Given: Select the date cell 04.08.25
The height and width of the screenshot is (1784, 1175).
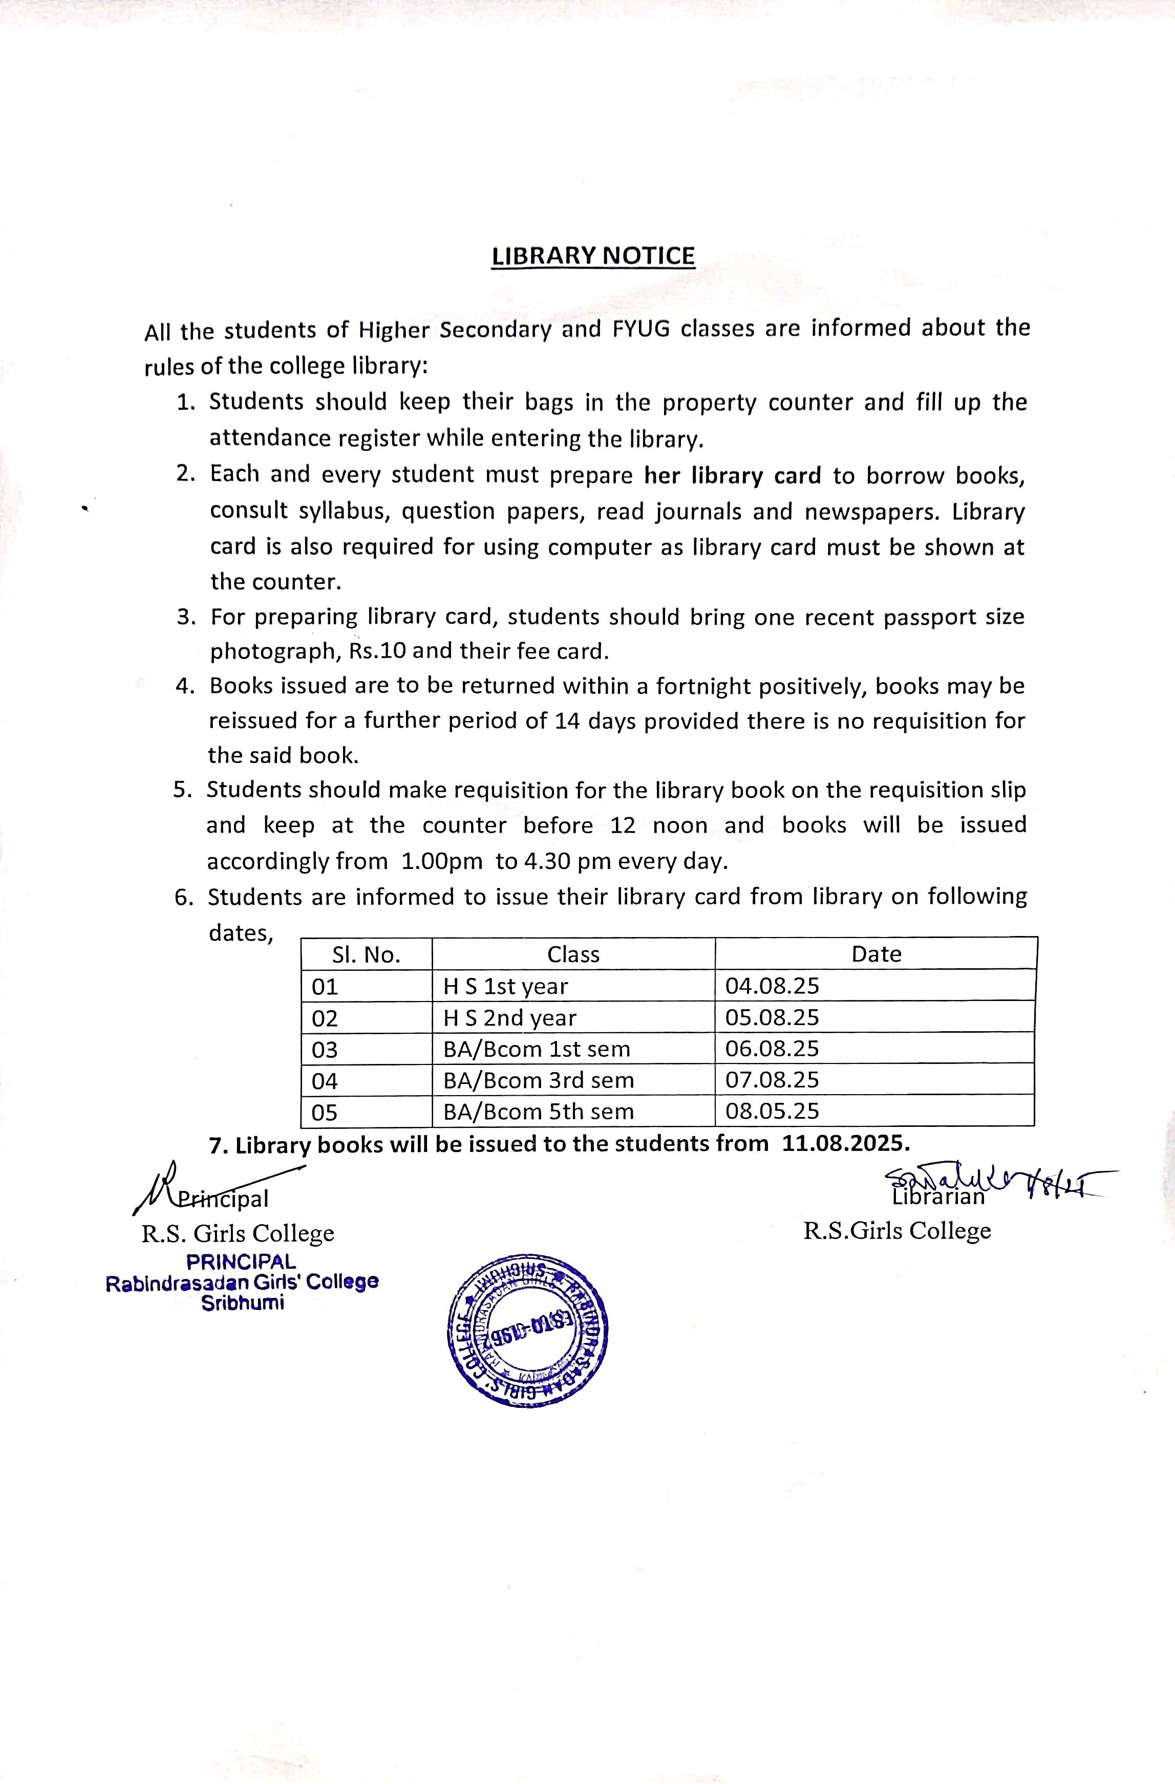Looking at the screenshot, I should point(773,986).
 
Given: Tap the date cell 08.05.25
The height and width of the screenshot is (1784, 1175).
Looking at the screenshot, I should point(773,1111).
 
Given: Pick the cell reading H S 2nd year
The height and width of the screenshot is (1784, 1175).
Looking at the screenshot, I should point(510,1018).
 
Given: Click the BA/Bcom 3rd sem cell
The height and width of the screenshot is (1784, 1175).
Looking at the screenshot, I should point(539,1080).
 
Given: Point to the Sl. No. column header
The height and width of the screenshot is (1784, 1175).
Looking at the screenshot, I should point(366,954).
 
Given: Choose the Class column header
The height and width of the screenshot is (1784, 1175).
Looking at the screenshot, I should point(573,954).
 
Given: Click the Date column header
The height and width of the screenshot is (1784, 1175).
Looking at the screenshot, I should point(876,954).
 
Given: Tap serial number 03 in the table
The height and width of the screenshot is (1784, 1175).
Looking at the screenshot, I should point(325,1050).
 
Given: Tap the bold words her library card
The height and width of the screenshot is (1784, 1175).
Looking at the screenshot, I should point(733,476).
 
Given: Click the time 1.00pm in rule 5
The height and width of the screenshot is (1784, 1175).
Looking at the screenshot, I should point(442,861).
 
